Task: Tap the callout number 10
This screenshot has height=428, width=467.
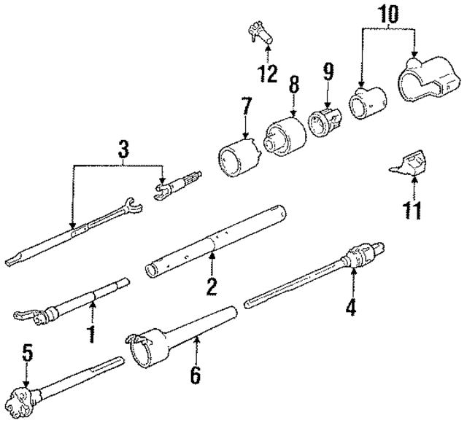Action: pyautogui.click(x=388, y=12)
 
